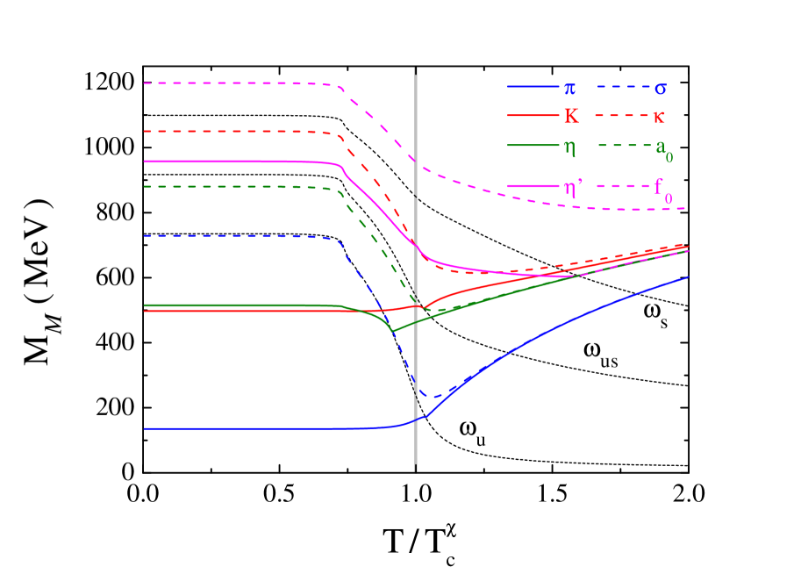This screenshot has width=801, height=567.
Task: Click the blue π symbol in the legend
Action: [569, 88]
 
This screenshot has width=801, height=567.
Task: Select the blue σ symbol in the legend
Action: [660, 88]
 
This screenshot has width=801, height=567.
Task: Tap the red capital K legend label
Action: [570, 116]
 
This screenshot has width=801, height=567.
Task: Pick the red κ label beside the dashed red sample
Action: [658, 116]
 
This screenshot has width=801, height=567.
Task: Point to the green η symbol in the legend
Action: [569, 147]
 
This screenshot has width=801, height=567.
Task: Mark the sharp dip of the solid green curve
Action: [394, 331]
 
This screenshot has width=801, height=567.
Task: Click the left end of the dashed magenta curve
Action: [145, 83]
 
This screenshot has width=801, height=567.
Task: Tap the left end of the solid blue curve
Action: [145, 428]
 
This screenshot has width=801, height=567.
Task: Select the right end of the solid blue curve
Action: [687, 277]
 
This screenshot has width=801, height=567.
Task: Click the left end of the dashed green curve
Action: [145, 186]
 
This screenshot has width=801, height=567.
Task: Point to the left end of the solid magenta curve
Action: [145, 161]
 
